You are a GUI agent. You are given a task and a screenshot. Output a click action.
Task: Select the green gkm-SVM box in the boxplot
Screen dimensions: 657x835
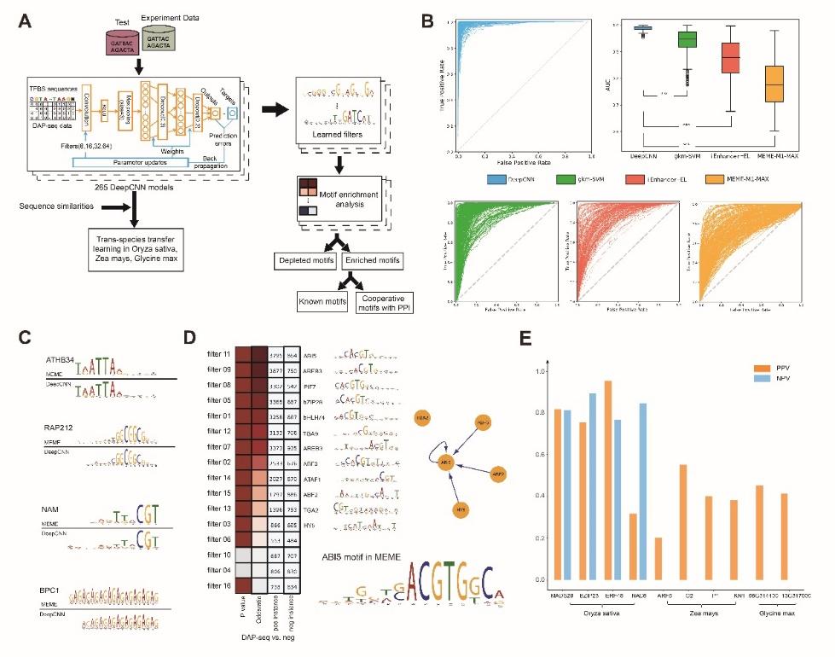687,39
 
